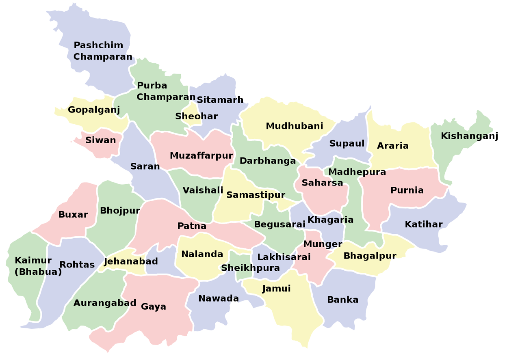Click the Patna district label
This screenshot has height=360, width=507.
(192, 226)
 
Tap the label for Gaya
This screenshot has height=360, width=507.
(153, 306)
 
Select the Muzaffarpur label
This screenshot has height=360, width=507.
(201, 155)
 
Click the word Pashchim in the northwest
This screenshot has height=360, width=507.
(98, 45)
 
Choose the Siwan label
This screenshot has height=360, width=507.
(100, 140)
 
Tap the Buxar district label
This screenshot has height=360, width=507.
(73, 215)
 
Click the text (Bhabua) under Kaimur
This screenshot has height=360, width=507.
(38, 272)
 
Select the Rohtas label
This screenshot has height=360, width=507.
(77, 265)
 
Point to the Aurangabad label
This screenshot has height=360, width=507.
(104, 303)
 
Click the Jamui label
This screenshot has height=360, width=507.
(276, 289)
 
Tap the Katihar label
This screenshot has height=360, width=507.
(423, 224)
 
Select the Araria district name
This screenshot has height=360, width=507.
(392, 146)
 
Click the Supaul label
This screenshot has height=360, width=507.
(347, 143)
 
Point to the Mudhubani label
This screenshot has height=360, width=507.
(294, 126)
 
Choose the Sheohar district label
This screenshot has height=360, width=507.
(196, 116)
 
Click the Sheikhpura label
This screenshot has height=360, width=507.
(250, 268)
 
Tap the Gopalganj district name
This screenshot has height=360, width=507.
(94, 110)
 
